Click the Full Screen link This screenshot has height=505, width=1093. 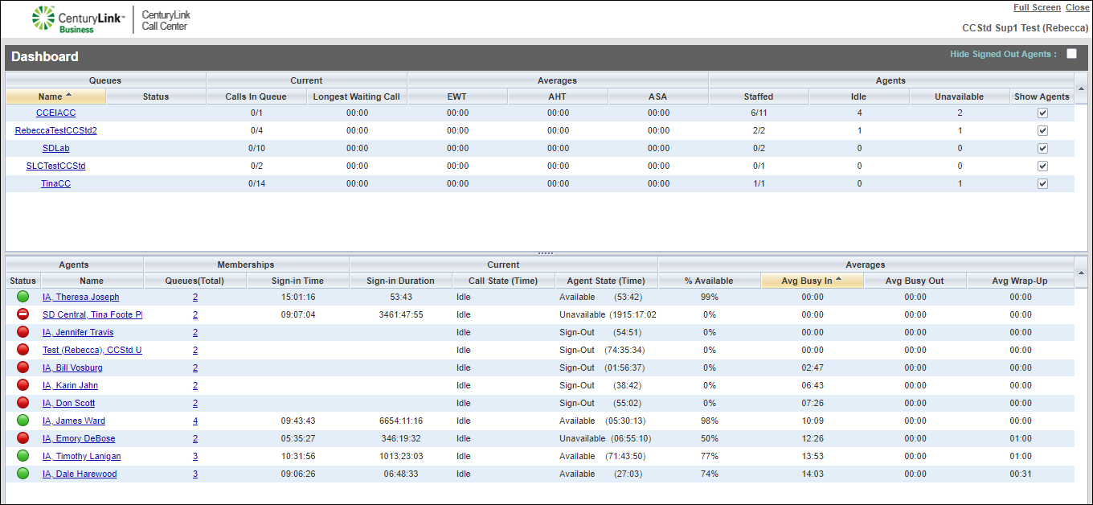point(1037,7)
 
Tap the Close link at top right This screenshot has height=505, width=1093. point(1077,7)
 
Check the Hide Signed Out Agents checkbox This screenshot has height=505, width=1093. point(1071,54)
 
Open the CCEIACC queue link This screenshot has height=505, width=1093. point(55,113)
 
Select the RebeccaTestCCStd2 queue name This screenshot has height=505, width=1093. point(55,130)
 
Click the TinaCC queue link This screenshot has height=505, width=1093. point(55,183)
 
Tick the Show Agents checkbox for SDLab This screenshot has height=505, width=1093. point(1042,148)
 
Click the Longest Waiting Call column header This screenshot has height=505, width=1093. point(357,96)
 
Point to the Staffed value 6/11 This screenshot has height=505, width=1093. point(758,113)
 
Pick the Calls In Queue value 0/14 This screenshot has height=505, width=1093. point(256,183)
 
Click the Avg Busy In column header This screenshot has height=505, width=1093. point(811,281)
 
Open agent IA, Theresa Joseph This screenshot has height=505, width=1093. point(80,297)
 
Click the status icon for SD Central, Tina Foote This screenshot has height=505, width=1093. point(23,314)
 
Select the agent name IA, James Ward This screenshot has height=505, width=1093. point(74,421)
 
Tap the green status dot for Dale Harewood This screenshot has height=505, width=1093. point(23,474)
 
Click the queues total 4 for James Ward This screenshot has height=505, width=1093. point(195,421)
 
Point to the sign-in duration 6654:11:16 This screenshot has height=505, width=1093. point(400,421)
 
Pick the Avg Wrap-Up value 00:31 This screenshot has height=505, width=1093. point(1020,474)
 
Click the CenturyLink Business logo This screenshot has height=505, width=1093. point(78,19)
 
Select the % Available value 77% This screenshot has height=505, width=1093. point(709,456)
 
